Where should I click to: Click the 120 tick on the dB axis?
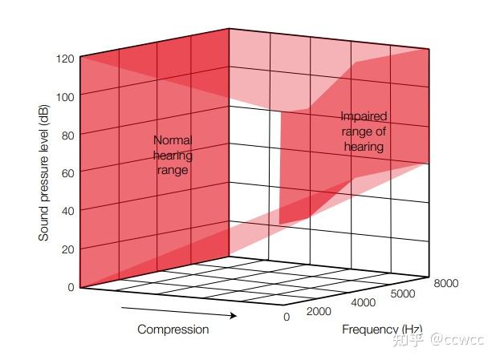click(x=65, y=59)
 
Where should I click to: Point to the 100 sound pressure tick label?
click(x=65, y=96)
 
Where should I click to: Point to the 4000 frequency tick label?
click(x=364, y=302)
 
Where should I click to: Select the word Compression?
click(x=173, y=330)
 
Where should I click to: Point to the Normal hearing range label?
click(x=173, y=155)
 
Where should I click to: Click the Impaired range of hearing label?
click(x=364, y=131)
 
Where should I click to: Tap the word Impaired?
click(x=364, y=116)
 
